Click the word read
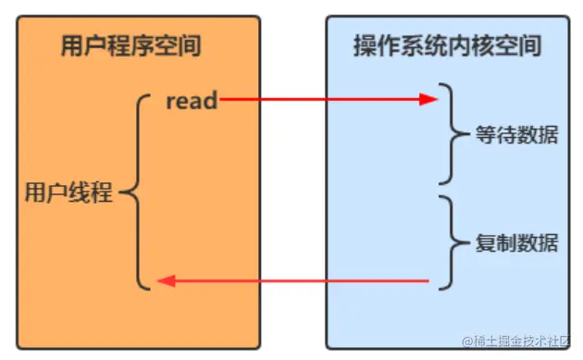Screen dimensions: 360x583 coord(192,100)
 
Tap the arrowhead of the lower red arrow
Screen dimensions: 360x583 coord(164,280)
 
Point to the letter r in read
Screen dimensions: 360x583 coord(171,101)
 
